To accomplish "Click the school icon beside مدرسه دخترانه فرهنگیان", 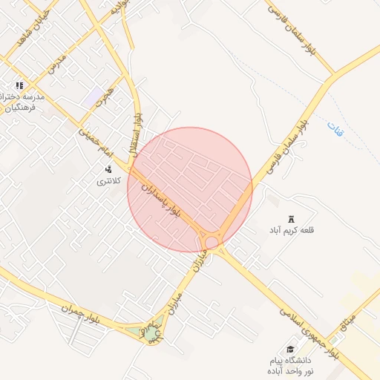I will click(20, 86).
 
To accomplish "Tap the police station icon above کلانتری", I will click(109, 169).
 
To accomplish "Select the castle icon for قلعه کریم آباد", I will click(292, 218).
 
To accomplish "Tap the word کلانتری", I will click(114, 181).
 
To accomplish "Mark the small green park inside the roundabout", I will click(151, 334).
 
